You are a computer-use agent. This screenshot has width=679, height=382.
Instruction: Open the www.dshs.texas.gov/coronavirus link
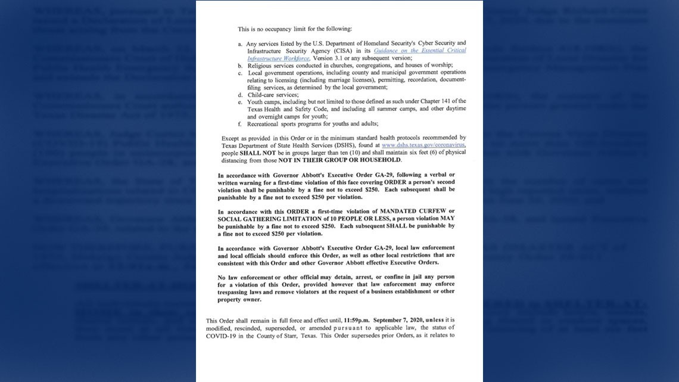423,145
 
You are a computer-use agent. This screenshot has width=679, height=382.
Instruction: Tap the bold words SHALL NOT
257,153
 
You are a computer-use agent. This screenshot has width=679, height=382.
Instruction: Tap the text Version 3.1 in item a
331,58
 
